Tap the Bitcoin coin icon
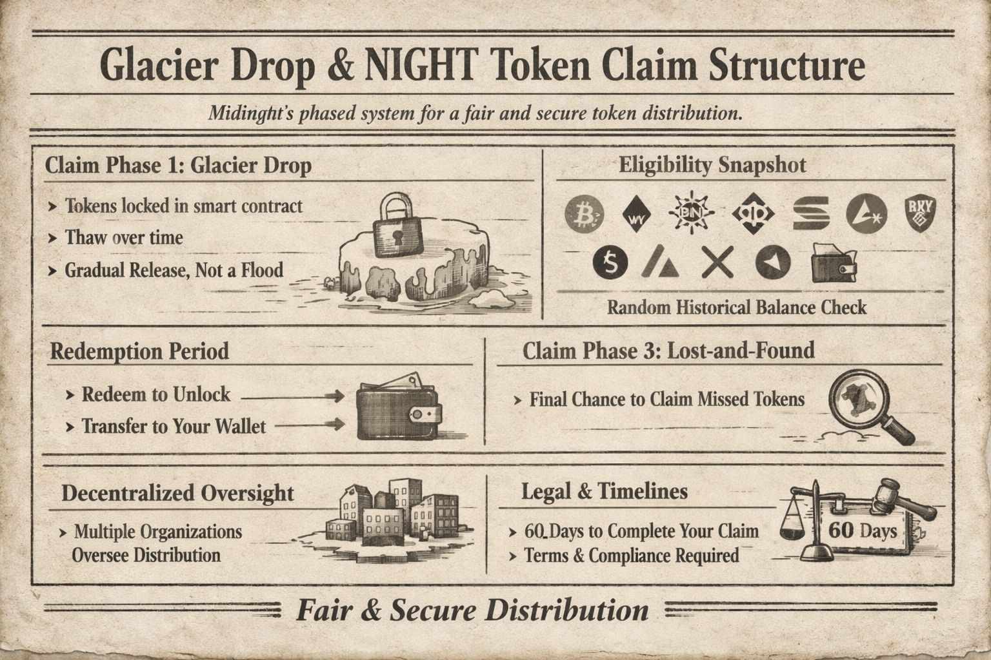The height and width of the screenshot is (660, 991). coord(584,213)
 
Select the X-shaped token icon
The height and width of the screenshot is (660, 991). coord(717,262)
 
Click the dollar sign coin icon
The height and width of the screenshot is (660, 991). coord(610,262)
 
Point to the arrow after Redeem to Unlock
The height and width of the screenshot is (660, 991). coord(293,396)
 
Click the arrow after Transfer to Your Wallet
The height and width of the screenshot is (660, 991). coord(310,425)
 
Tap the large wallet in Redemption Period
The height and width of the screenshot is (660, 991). coord(399,409)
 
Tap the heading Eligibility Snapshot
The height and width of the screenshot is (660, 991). coord(712,165)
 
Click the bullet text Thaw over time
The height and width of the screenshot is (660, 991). coord(124,238)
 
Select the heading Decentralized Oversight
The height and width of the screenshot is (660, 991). coord(177,493)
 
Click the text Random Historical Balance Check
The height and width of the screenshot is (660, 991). coord(736,307)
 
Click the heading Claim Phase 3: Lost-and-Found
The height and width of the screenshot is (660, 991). coord(668,351)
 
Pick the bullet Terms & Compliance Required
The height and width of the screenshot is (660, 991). coord(632,556)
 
